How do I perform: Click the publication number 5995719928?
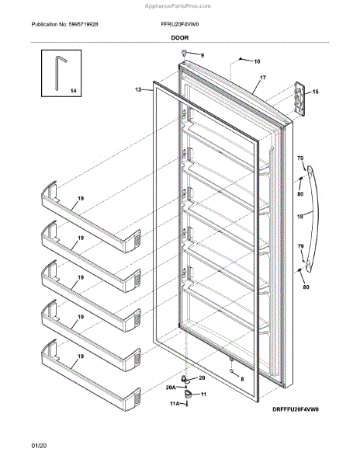(x=83, y=24)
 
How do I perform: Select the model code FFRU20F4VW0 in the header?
(x=180, y=24)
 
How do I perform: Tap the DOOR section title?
(x=179, y=38)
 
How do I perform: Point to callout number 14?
(x=73, y=91)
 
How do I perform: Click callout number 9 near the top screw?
(x=202, y=55)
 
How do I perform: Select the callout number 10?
(x=257, y=61)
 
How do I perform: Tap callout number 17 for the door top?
(x=263, y=78)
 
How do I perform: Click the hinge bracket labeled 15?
(x=299, y=99)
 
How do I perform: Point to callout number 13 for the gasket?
(x=138, y=89)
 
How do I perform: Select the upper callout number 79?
(x=300, y=158)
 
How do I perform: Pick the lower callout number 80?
(x=306, y=287)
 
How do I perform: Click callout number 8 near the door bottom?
(x=242, y=379)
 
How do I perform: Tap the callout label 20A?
(x=171, y=388)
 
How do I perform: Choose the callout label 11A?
(x=175, y=403)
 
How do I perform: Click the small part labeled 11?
(x=187, y=394)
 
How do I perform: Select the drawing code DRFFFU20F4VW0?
(x=296, y=409)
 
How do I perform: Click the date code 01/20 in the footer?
(x=39, y=446)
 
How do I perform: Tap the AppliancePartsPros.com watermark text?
(x=178, y=6)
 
